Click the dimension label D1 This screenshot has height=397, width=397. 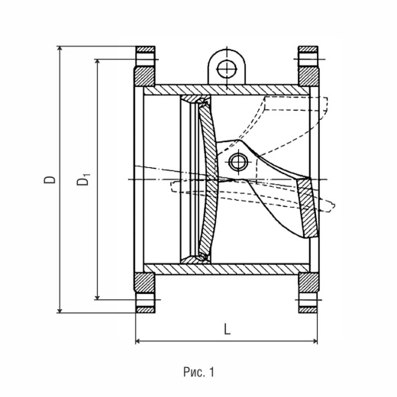(x=83, y=179)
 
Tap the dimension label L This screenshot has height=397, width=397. (x=227, y=329)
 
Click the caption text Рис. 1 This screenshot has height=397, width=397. (x=198, y=372)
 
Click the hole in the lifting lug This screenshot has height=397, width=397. (x=227, y=69)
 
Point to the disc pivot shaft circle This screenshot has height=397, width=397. (x=239, y=162)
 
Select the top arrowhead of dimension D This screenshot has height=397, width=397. (x=60, y=50)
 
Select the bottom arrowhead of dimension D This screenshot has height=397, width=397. (x=60, y=309)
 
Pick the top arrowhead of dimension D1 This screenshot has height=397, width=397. (x=97, y=63)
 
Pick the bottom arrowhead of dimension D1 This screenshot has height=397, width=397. (x=97, y=296)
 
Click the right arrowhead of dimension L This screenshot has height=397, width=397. (x=314, y=341)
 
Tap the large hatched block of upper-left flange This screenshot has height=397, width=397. (x=144, y=76)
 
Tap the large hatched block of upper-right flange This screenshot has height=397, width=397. (x=308, y=76)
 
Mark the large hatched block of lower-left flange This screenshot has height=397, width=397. (x=144, y=282)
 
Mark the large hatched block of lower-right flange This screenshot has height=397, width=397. (x=308, y=282)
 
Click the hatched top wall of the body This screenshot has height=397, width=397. (x=227, y=90)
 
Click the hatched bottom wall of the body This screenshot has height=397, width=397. (x=227, y=269)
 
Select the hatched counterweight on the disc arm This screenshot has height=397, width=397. (x=308, y=208)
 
